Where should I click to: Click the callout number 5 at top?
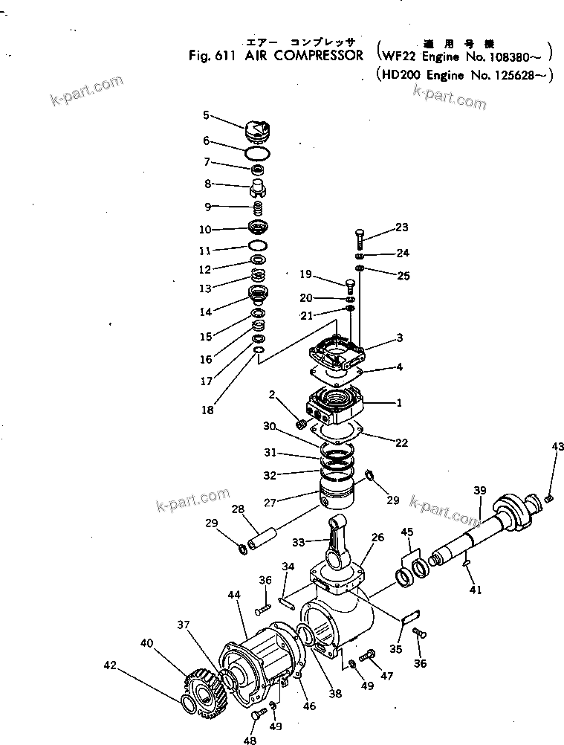tap(207, 115)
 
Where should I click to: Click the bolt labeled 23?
tap(360, 238)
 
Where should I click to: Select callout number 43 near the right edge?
tap(557, 446)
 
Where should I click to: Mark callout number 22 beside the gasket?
tap(401, 443)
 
